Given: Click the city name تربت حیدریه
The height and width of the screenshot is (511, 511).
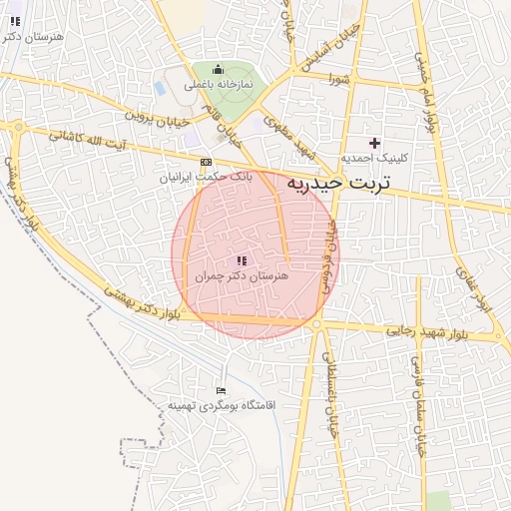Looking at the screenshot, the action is pos(343,184).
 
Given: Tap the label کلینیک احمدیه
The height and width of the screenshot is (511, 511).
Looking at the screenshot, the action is pos(370,159).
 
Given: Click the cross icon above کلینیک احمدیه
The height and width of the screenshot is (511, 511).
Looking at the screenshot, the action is pos(375,143).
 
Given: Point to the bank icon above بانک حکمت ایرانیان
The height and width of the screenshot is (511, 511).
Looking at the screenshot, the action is pos(207,162).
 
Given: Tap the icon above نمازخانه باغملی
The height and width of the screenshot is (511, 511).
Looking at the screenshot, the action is pos(219,69).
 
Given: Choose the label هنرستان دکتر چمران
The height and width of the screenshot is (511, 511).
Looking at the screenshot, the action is pos(241,273).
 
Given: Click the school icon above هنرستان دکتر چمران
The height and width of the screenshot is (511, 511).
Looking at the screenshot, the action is pos(241,258).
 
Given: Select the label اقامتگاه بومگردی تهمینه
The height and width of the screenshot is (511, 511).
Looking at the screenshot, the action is pos(221,405).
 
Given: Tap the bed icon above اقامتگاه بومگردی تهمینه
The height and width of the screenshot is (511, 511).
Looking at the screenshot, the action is pos(221,390).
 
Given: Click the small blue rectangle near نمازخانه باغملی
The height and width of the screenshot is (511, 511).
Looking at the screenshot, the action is pos(160,88).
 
